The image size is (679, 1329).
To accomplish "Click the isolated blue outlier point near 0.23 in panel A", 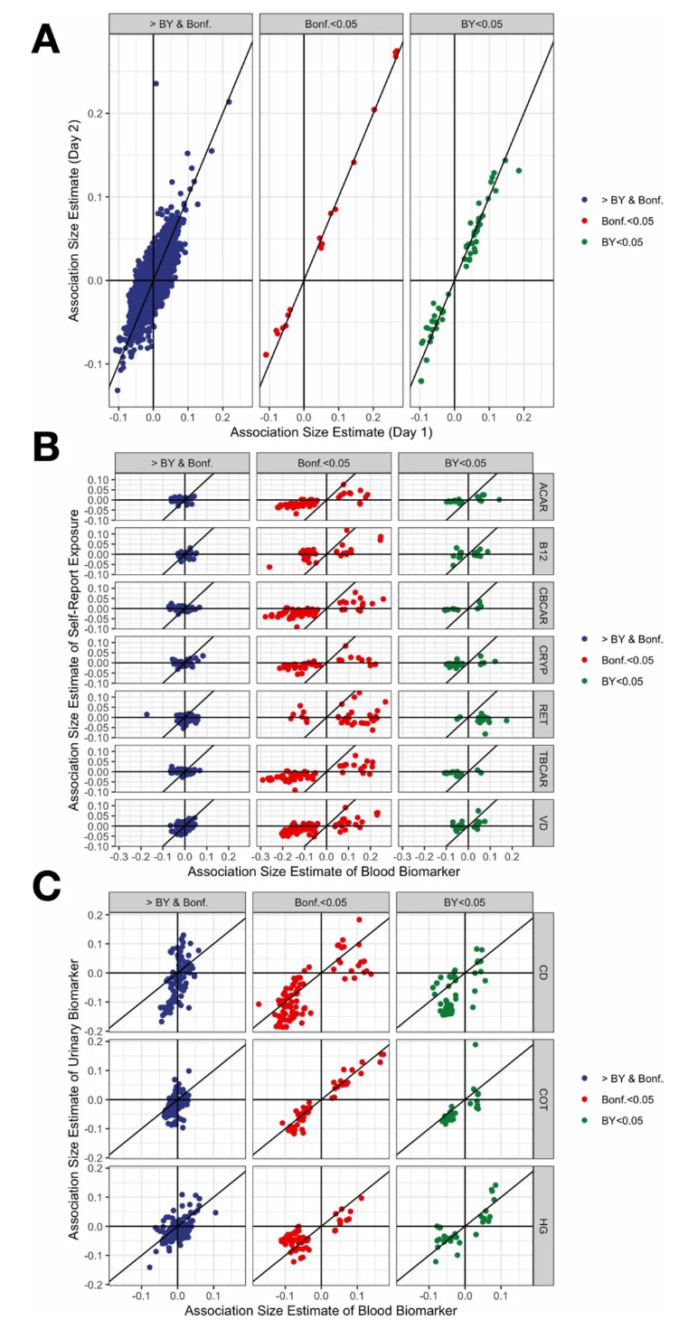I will point(156,83).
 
